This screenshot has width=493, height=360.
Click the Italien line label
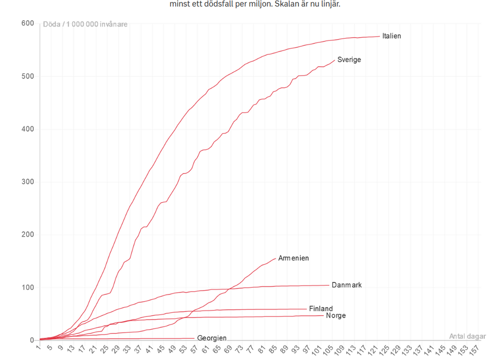tap(391, 36)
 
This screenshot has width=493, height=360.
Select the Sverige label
tap(349, 60)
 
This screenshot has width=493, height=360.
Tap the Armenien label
tap(294, 258)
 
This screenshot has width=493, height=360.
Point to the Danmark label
tap(347, 285)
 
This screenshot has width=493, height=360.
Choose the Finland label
tap(321, 308)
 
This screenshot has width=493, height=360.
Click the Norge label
tap(336, 316)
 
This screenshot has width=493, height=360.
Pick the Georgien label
tap(212, 338)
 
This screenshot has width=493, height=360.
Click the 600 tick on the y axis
tap(27, 24)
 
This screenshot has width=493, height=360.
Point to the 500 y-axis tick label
tap(27, 76)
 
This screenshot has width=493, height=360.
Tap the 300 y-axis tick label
tap(27, 182)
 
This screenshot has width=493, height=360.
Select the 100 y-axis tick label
tap(27, 287)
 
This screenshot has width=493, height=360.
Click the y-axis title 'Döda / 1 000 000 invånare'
tap(85, 24)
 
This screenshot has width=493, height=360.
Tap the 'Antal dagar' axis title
tap(467, 336)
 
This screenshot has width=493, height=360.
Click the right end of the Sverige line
tap(335, 60)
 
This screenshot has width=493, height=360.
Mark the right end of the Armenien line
tap(276, 258)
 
